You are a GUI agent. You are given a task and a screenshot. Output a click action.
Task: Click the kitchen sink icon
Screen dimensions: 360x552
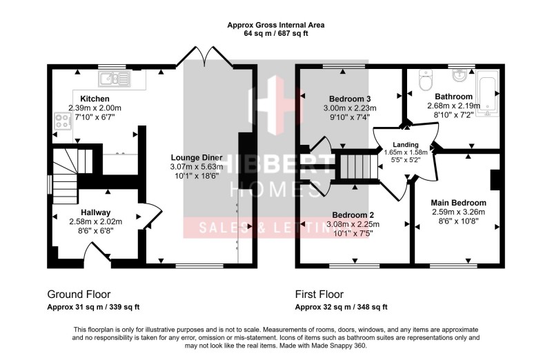pyautogui.click(x=115, y=78)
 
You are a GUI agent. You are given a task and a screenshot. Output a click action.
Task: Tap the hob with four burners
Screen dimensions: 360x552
pyautogui.click(x=61, y=122)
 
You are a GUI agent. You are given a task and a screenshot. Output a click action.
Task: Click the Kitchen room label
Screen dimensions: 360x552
pyautogui.click(x=95, y=99)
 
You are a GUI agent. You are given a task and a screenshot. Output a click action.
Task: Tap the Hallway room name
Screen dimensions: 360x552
pyautogui.click(x=95, y=212)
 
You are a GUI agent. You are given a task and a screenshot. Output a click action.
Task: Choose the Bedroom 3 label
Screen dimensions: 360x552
pyautogui.click(x=350, y=98)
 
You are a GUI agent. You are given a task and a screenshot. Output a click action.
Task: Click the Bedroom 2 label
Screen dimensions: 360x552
pyautogui.click(x=354, y=214)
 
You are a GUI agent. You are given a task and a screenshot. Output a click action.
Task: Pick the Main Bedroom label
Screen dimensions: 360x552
pyautogui.click(x=458, y=202)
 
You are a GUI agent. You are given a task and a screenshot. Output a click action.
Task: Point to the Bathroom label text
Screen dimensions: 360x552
pyautogui.click(x=453, y=96)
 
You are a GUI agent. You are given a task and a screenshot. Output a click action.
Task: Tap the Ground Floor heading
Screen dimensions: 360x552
pyautogui.click(x=79, y=293)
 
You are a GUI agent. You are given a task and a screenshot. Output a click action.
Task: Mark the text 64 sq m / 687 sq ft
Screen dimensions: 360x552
pyautogui.click(x=276, y=34)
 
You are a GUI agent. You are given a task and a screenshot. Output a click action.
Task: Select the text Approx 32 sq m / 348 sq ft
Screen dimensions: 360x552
pyautogui.click(x=341, y=308)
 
